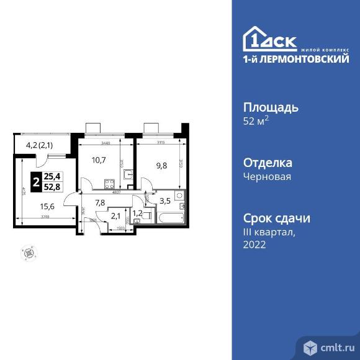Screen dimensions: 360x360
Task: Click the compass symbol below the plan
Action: coord(27,251)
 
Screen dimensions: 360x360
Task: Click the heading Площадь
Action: coord(270,107)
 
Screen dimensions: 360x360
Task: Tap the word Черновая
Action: coord(267,176)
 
